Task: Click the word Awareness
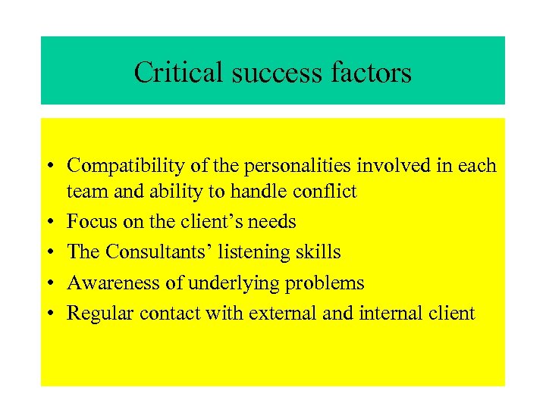pyautogui.click(x=112, y=283)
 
